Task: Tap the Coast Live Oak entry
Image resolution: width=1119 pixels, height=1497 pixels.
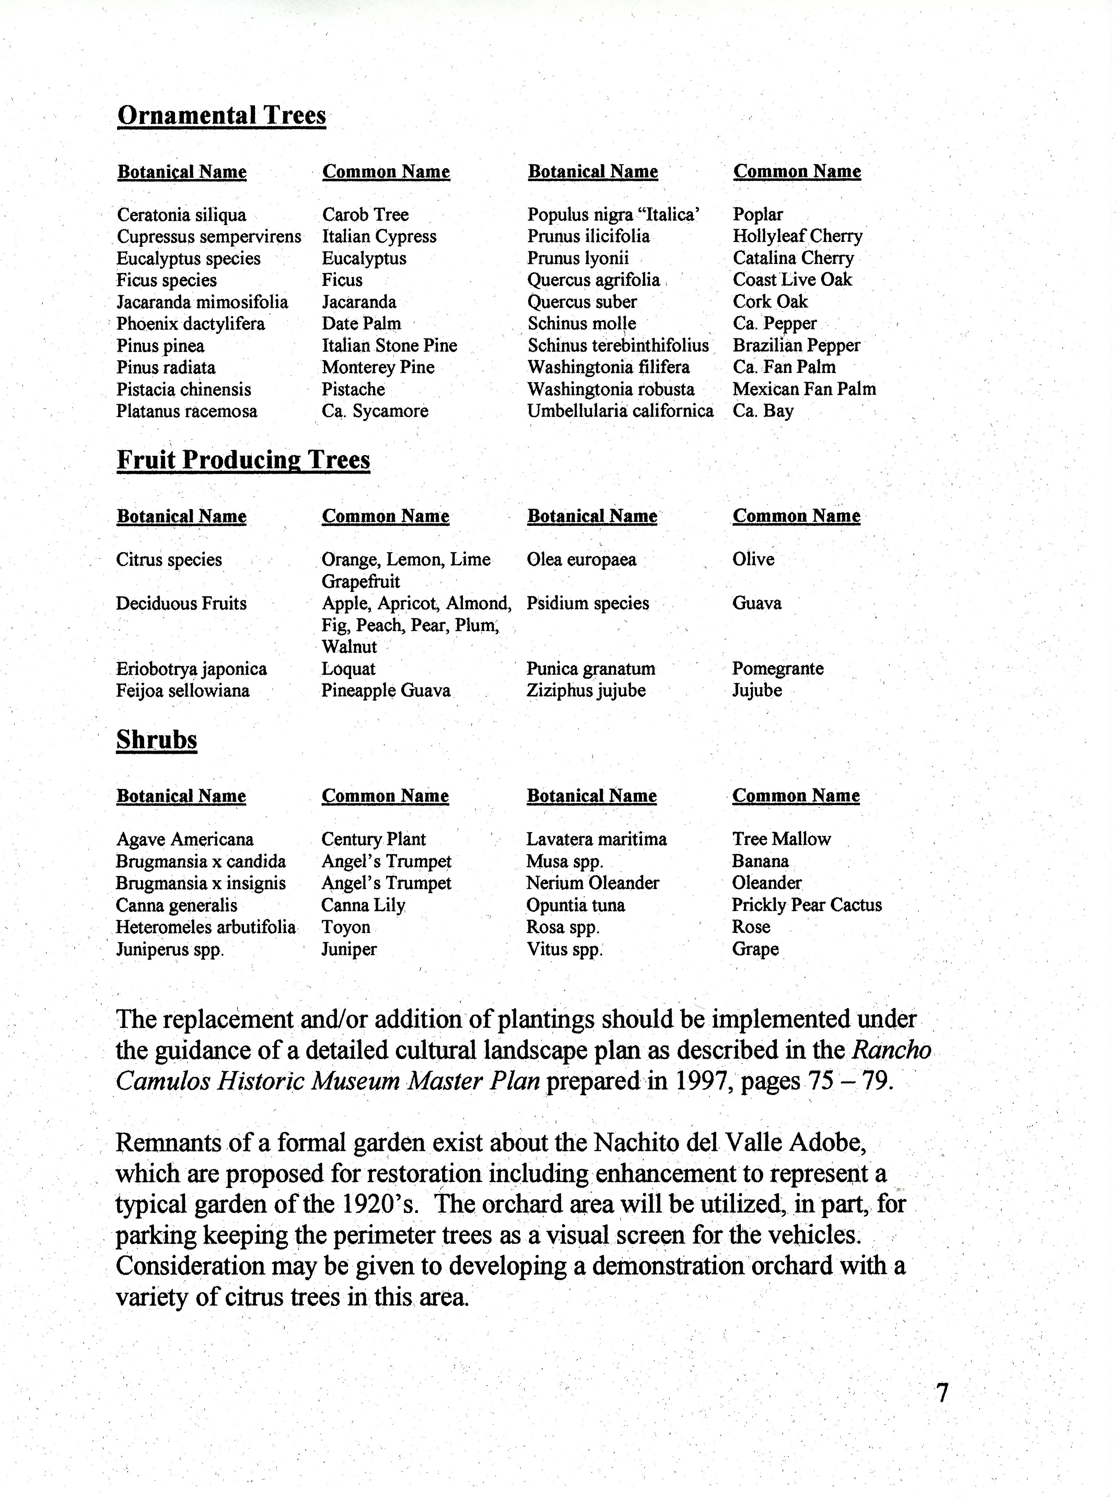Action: click(x=792, y=279)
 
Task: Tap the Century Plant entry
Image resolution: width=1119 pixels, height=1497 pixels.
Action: click(x=373, y=839)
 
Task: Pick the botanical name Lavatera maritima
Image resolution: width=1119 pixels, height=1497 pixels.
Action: click(x=596, y=839)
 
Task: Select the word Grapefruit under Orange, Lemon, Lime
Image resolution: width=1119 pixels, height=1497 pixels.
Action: click(x=361, y=581)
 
